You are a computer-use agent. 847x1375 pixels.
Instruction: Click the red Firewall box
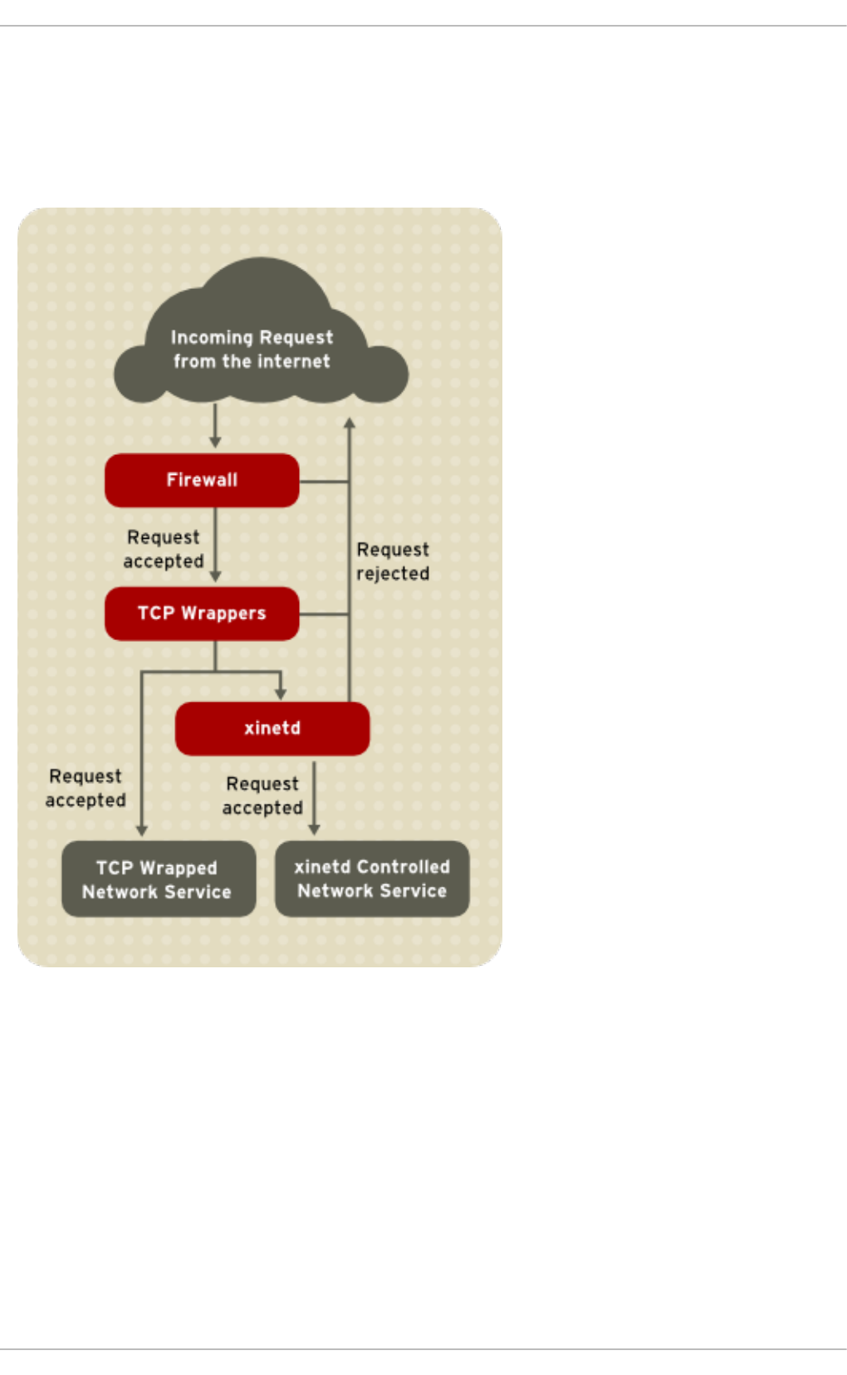click(x=202, y=480)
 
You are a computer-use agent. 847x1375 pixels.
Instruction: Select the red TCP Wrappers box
click(x=202, y=614)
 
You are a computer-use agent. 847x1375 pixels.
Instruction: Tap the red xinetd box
click(x=272, y=728)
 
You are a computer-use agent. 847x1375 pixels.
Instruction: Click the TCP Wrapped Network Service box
click(x=158, y=879)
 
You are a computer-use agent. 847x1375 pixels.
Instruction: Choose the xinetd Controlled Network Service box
click(x=372, y=878)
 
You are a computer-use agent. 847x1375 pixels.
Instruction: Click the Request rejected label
click(x=393, y=561)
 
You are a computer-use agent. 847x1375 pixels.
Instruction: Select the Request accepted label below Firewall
click(x=164, y=549)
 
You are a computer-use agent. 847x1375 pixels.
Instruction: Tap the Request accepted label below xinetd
click(x=262, y=795)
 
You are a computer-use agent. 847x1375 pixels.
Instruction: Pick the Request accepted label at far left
click(x=86, y=788)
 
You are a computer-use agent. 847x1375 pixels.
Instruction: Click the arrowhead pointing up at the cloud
click(x=350, y=423)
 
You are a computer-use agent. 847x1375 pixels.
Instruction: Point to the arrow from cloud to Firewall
click(x=215, y=425)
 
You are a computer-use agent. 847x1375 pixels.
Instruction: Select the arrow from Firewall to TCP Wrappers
click(x=215, y=544)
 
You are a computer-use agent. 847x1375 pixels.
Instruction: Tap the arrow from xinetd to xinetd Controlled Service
click(x=314, y=797)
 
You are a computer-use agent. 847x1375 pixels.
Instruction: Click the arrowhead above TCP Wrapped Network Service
click(x=142, y=829)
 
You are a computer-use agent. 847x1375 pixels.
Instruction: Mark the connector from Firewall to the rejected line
click(x=324, y=481)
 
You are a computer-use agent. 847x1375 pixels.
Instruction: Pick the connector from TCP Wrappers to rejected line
click(x=324, y=614)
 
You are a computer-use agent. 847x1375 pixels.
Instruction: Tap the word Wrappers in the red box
click(x=223, y=614)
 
